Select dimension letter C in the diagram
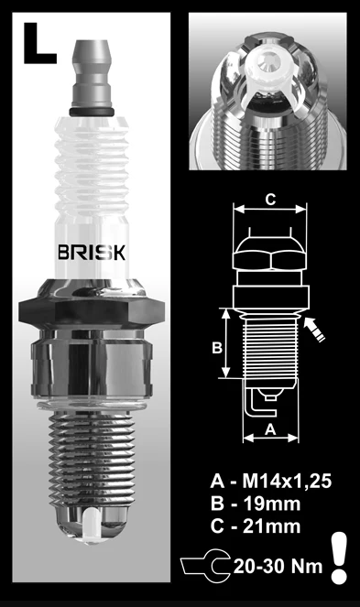(x=269, y=199)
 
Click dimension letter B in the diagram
(x=216, y=347)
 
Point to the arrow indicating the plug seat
(x=315, y=327)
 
